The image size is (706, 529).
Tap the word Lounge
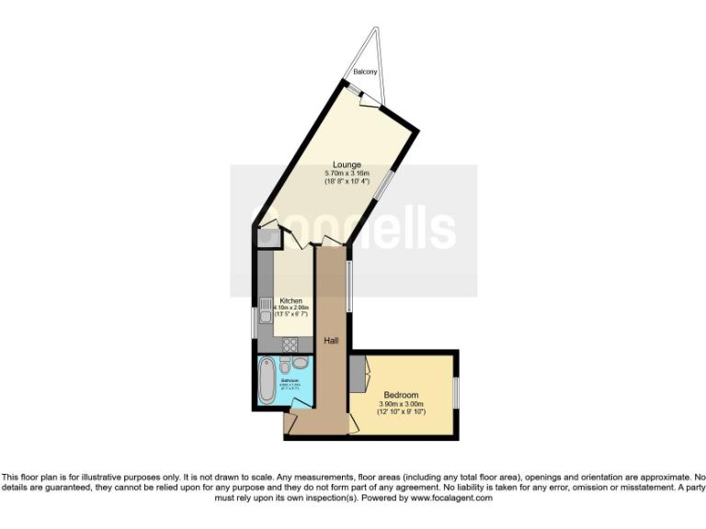[347, 165]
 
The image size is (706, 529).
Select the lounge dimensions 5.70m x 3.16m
[347, 174]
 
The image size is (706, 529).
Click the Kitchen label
[291, 300]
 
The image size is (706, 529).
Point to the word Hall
[332, 341]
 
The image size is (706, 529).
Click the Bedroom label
[401, 395]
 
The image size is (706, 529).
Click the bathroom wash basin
[301, 364]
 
